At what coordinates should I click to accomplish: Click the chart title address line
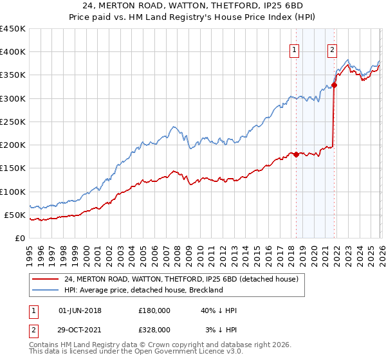(193, 7)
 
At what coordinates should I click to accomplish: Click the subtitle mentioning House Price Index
(193, 18)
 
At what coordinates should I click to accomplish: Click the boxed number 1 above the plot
(295, 50)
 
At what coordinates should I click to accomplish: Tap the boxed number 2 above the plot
(333, 50)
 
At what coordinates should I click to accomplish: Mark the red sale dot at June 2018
(295, 154)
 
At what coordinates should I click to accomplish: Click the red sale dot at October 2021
(335, 85)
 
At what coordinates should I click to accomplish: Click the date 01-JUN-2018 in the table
(80, 310)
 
